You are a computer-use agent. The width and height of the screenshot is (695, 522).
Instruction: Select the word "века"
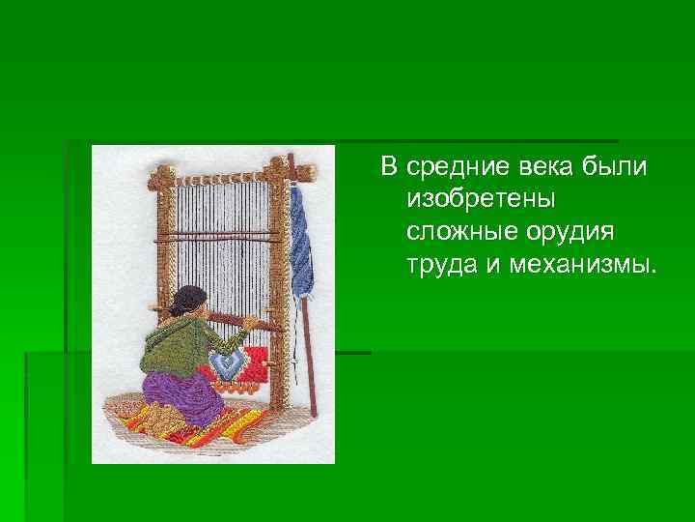534,168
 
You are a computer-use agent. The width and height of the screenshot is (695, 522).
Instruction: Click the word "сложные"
461,233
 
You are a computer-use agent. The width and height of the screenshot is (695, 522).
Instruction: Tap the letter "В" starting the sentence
388,168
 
